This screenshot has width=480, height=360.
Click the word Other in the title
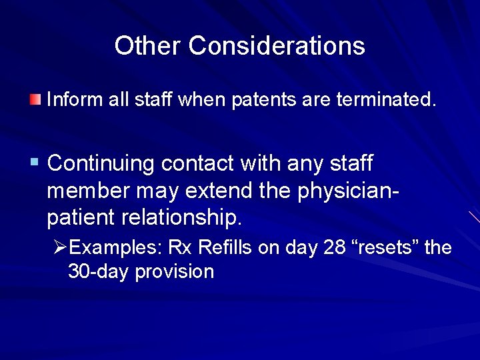coord(147,46)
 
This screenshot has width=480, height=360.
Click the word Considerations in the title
coord(277,46)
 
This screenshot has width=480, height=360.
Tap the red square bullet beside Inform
coord(35,101)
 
